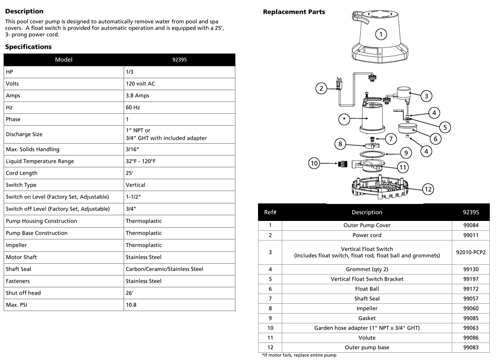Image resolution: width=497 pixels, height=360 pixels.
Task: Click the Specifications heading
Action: (28, 47)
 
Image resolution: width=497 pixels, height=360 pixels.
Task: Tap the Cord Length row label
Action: (22, 173)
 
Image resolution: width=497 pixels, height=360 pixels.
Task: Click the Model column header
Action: (64, 59)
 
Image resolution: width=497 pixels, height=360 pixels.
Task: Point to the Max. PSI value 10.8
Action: (131, 304)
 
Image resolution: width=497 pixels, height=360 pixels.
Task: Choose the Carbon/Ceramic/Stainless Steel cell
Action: (164, 269)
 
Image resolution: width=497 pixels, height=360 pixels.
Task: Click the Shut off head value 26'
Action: (130, 293)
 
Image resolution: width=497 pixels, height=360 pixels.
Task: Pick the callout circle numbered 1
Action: (381, 35)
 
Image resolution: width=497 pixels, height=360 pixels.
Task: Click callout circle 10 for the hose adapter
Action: (314, 164)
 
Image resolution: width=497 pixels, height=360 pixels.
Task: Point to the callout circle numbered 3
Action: (426, 95)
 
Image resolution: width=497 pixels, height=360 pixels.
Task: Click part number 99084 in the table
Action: (471, 225)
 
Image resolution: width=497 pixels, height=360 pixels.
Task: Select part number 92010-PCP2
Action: (471, 252)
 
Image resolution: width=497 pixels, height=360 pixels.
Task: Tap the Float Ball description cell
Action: (367, 289)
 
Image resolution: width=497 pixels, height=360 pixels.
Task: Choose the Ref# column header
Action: (270, 212)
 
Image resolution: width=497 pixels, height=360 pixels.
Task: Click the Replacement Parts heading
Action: (294, 12)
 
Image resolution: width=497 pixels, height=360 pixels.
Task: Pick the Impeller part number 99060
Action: (471, 308)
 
